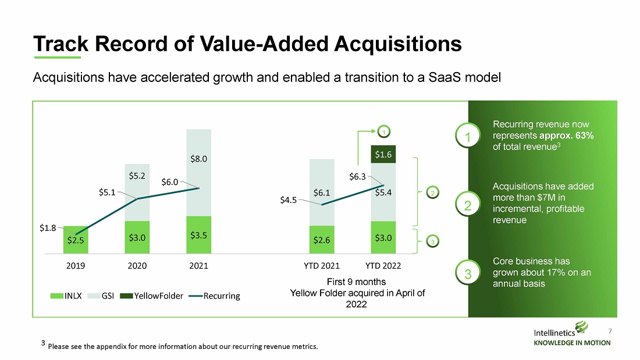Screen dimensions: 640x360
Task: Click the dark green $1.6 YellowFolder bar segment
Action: tap(383, 154)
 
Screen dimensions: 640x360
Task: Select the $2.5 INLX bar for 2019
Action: tap(76, 240)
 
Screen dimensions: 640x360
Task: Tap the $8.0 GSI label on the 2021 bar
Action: tap(199, 159)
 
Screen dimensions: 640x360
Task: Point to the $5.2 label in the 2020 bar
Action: tap(137, 176)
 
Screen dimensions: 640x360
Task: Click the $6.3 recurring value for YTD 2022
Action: tap(357, 177)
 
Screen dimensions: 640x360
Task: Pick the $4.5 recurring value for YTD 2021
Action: tap(288, 200)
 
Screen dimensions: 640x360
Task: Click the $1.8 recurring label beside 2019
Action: tap(48, 228)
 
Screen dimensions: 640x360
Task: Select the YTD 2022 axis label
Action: tap(383, 266)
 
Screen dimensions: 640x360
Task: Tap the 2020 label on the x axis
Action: tap(137, 266)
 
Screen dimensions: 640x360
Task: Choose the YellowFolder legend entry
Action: tap(152, 296)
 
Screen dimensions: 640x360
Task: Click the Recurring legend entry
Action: tap(214, 296)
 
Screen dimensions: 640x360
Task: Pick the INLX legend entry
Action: tap(66, 296)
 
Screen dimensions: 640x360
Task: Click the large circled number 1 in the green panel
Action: tap(468, 137)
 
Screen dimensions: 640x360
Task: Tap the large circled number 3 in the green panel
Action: tap(468, 273)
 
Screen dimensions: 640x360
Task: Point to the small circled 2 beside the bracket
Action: tap(433, 193)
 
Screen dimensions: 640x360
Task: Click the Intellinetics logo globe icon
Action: tap(581, 327)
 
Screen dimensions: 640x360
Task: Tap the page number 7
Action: tap(610, 331)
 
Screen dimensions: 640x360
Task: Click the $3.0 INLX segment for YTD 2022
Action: tap(383, 237)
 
